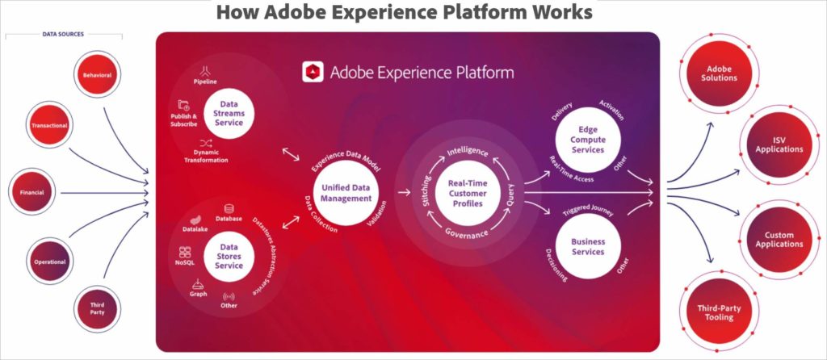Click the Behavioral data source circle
click(x=97, y=75)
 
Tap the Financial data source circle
click(x=31, y=193)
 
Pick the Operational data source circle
click(x=49, y=262)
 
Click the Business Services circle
click(x=587, y=246)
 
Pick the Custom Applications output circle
click(x=779, y=240)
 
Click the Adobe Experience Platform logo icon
click(x=313, y=73)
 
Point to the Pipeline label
click(x=209, y=82)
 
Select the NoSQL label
click(x=185, y=262)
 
